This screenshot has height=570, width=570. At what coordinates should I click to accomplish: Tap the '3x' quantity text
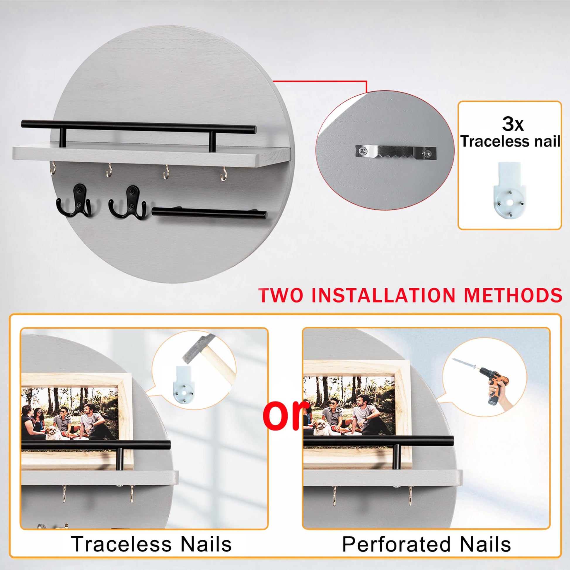[x=513, y=124]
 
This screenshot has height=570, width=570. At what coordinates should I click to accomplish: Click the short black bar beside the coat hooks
[x=209, y=213]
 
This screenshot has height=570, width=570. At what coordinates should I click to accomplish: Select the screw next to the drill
[x=464, y=363]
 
